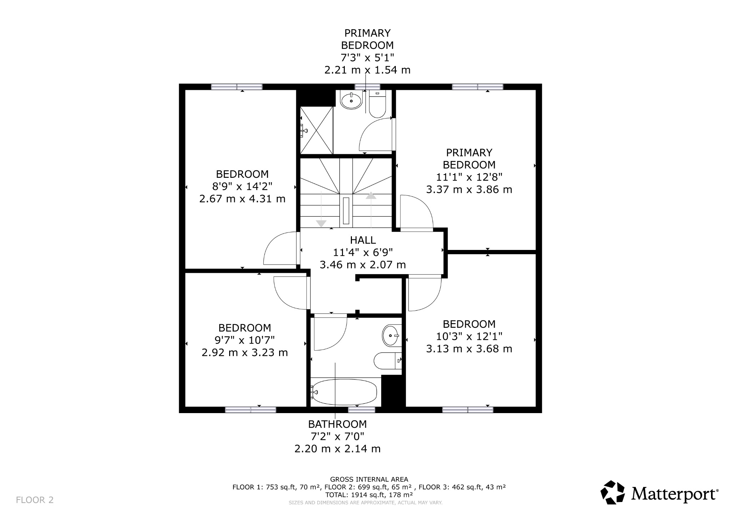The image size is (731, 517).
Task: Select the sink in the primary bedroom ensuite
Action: [351, 100]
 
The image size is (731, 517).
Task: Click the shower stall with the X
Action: [316, 130]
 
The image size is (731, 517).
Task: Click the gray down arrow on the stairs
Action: [321, 223]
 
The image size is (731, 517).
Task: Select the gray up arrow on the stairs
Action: [371, 195]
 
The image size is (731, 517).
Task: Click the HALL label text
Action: [363, 240]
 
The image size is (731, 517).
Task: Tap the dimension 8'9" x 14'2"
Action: [242, 186]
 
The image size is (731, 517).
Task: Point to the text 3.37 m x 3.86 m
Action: [469, 189]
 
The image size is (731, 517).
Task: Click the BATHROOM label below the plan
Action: [337, 424]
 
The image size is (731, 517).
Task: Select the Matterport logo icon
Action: [612, 492]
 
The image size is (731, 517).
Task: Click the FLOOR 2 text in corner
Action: [35, 500]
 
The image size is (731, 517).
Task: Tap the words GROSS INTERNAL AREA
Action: [369, 480]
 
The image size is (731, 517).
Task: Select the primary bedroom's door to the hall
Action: [416, 212]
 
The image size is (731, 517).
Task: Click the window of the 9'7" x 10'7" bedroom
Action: [251, 410]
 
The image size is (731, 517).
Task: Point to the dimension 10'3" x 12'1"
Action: [469, 336]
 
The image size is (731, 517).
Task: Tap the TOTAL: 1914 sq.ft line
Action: [369, 495]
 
